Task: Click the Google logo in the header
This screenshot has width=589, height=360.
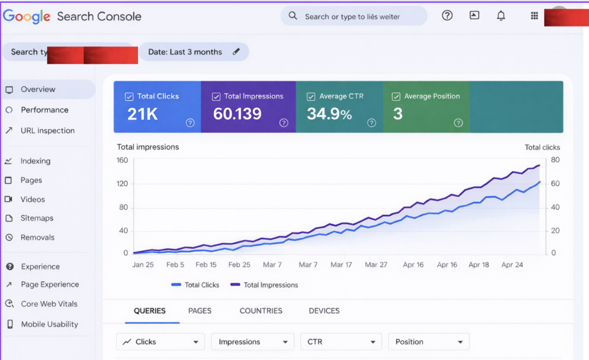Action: pos(26,17)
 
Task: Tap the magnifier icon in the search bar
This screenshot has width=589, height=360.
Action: pos(293,16)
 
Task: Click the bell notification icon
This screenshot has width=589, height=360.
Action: pos(500,16)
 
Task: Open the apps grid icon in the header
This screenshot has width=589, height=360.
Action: pos(534,16)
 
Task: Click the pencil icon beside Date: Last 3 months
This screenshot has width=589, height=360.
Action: pos(236,52)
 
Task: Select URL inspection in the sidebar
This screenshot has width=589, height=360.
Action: pos(47,131)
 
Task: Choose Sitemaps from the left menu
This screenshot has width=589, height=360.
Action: pos(37,218)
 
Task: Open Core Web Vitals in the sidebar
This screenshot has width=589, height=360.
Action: pos(49,304)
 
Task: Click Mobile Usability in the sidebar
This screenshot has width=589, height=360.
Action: pos(49,324)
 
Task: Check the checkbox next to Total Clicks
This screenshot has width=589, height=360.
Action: pos(129,97)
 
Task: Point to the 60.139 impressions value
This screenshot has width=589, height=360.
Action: pos(237,114)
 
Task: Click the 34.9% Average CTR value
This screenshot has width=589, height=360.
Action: pos(329,114)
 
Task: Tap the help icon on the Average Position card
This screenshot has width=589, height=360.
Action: pos(458,122)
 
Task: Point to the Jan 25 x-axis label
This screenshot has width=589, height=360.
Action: pos(143,265)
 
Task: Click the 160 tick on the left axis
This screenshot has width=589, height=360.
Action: pos(122,160)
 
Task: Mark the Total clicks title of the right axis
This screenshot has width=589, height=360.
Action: pos(542,147)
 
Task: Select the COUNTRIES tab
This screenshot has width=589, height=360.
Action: pos(261,311)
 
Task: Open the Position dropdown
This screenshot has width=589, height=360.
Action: pos(429,342)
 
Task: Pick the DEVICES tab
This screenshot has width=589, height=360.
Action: pos(324,311)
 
